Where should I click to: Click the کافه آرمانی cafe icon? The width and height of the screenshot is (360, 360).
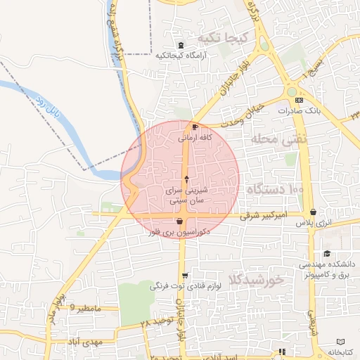tap(195, 127)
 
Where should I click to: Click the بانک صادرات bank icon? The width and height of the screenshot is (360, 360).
tap(300, 101)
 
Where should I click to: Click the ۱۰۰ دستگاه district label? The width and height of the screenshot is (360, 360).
tap(275, 189)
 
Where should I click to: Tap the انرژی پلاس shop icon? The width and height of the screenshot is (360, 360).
tap(312, 212)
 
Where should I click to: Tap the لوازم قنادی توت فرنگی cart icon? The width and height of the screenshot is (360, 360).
tap(185, 276)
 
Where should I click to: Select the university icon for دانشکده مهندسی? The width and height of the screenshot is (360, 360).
tap(327, 254)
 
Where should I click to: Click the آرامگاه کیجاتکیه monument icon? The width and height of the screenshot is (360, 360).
tap(182, 45)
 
